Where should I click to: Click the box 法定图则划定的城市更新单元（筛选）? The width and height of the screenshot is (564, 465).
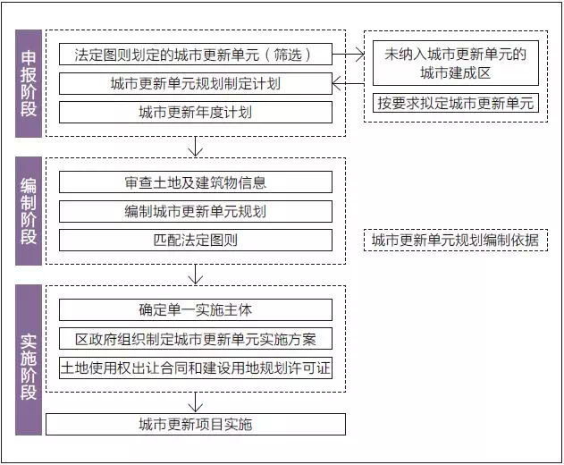point(195,55)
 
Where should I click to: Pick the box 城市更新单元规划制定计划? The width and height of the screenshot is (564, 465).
point(195,83)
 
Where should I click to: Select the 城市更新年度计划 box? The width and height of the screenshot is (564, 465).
point(195,113)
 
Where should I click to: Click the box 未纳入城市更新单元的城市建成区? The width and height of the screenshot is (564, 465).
point(455,63)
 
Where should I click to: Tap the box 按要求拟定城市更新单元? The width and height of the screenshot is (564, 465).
point(455,103)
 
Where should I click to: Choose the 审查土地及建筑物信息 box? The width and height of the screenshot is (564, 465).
point(195,182)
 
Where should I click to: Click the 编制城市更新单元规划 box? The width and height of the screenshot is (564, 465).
point(195,211)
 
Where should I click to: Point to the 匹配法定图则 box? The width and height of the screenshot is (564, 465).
point(195,240)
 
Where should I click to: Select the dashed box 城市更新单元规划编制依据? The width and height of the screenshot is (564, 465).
point(455,240)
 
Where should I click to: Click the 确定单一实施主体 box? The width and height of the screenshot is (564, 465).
point(195,310)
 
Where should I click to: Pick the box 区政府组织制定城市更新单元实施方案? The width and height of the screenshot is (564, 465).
point(195,339)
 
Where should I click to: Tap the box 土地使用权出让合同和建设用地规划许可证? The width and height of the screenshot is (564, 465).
point(195,368)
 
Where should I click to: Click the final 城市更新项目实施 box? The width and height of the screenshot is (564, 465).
point(195,424)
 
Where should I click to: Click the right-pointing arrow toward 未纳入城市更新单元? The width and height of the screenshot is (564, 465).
point(349,55)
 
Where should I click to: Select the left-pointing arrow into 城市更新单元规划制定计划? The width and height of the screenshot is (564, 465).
point(346,83)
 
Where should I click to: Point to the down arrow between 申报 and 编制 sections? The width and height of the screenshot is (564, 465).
point(195,147)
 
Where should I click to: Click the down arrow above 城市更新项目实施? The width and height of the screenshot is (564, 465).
point(195,401)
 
